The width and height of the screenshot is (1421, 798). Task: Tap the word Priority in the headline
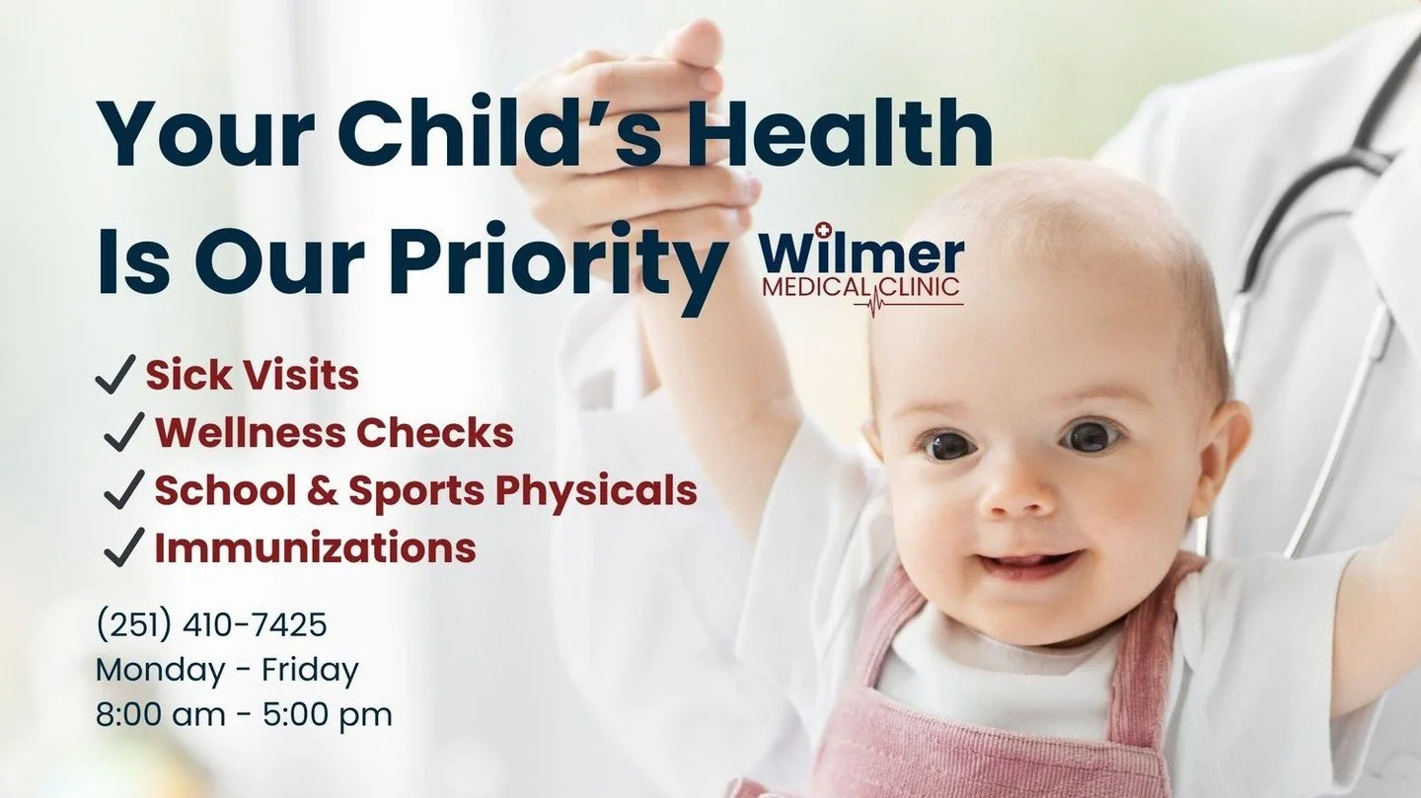(558, 262)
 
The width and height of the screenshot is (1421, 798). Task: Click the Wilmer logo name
(861, 254)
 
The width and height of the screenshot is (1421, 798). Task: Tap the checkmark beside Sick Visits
(114, 375)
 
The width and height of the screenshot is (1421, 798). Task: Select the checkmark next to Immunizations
(124, 548)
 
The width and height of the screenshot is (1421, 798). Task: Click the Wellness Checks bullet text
(334, 432)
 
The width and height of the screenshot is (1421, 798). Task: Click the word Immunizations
(315, 548)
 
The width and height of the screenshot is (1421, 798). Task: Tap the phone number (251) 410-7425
(211, 624)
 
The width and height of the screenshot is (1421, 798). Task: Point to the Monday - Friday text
(227, 670)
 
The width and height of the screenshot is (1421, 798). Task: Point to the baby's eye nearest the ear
(1090, 435)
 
